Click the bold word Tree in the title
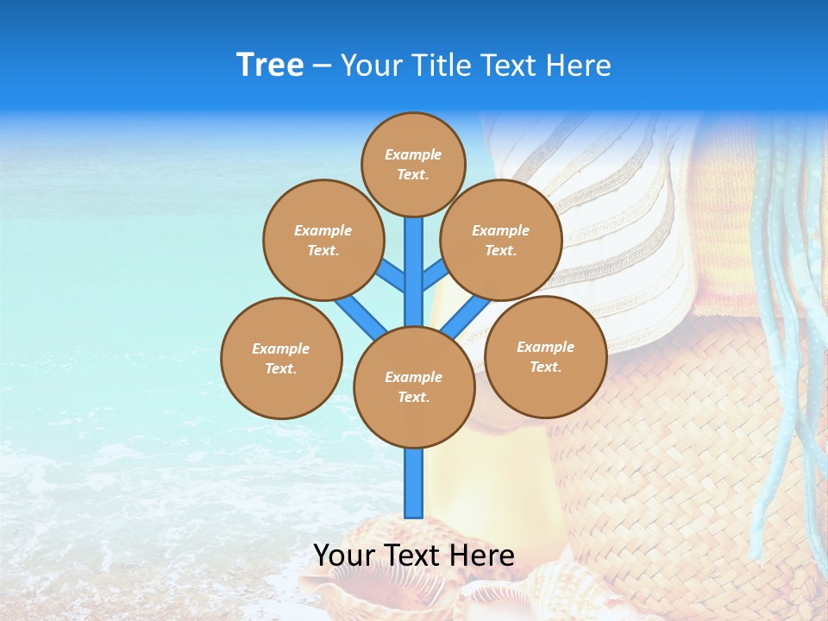(270, 66)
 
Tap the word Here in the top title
(579, 66)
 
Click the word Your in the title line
(372, 66)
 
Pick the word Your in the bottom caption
(345, 555)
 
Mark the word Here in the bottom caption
(483, 555)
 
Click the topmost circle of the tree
(413, 164)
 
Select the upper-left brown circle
(323, 240)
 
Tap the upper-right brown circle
(501, 240)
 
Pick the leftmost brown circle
(281, 358)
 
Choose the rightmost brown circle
(546, 356)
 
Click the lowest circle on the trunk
(414, 387)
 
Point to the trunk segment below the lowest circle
(414, 483)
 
